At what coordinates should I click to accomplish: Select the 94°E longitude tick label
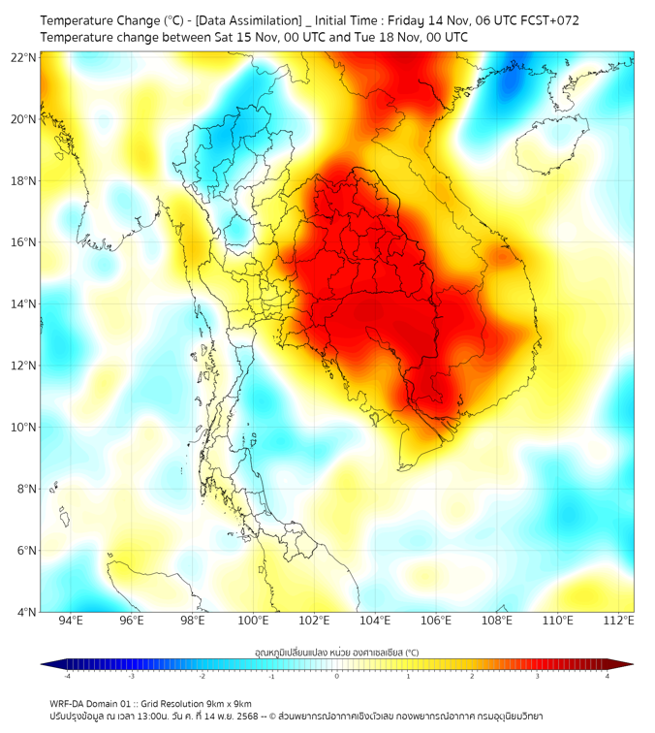tap(71, 621)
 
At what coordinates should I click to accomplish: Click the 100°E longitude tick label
tap(253, 621)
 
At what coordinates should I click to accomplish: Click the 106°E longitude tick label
tap(437, 621)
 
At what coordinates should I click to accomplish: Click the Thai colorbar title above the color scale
tap(336, 652)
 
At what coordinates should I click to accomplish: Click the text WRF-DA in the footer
tap(69, 704)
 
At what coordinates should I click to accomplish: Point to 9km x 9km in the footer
tap(229, 704)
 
